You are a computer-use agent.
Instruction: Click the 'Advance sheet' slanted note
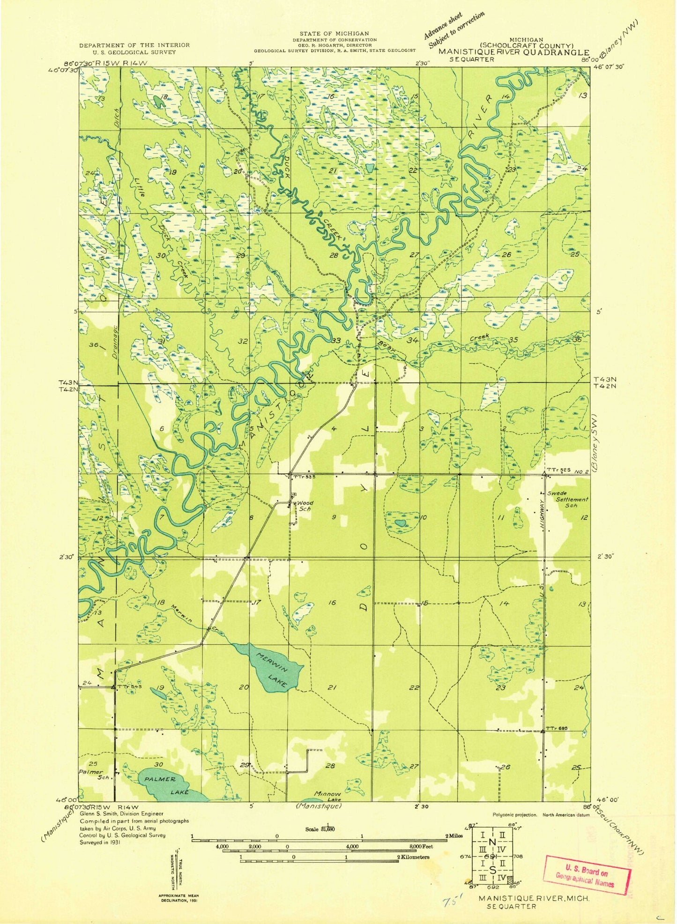click(443, 26)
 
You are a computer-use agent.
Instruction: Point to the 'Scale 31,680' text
click(320, 829)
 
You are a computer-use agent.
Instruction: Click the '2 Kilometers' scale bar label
click(414, 857)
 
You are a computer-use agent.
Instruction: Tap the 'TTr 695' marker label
click(557, 729)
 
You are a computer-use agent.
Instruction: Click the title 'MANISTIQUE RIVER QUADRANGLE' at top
click(514, 52)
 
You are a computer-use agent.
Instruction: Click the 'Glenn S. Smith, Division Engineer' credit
click(121, 814)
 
